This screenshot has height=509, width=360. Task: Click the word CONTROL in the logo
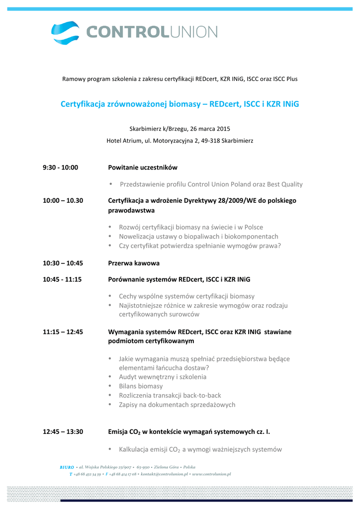[128, 32]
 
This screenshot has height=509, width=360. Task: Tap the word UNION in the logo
[194, 32]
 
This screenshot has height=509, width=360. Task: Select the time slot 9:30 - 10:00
[60, 168]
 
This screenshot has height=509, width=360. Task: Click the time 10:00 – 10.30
[63, 200]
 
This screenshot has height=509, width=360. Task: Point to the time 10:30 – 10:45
[63, 263]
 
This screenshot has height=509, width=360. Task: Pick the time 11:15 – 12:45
[63, 332]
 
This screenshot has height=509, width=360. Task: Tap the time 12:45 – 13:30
[63, 431]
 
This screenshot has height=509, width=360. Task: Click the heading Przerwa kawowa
[134, 263]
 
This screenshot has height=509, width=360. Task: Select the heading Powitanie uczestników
[143, 168]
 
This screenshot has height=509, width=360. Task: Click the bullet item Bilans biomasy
[141, 386]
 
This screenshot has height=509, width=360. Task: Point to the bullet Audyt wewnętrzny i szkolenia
[163, 377]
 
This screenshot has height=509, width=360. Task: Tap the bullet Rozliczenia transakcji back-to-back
[170, 395]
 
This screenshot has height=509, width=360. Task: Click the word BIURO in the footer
[67, 467]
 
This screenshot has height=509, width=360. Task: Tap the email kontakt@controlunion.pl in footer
[165, 474]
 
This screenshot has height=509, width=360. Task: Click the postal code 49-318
[210, 141]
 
